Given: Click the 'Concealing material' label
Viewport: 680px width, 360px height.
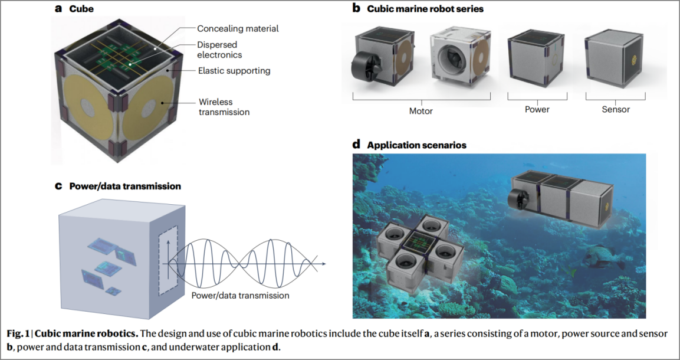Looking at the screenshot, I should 238,28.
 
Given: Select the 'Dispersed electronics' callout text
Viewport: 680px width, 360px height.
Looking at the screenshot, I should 220,50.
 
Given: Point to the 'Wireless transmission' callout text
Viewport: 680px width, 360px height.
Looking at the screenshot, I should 224,106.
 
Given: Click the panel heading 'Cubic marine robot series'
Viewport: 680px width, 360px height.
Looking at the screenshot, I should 425,9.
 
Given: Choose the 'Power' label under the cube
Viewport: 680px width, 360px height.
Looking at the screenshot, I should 537,109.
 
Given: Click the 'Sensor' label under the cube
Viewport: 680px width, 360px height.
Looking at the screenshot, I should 616,109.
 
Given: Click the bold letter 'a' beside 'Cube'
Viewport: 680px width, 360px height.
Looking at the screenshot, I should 58,9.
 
